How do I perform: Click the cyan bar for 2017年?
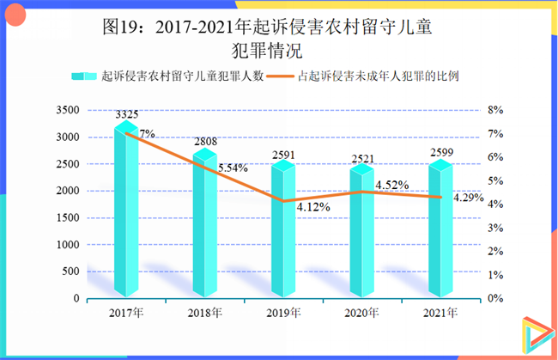coord(126,215)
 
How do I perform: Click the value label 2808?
coord(204,142)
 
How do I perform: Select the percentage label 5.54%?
coord(234,168)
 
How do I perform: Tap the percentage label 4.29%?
coord(469,198)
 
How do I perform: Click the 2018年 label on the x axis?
coord(204,311)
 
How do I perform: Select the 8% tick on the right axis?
coord(495,110)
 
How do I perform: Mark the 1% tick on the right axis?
coord(495,275)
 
